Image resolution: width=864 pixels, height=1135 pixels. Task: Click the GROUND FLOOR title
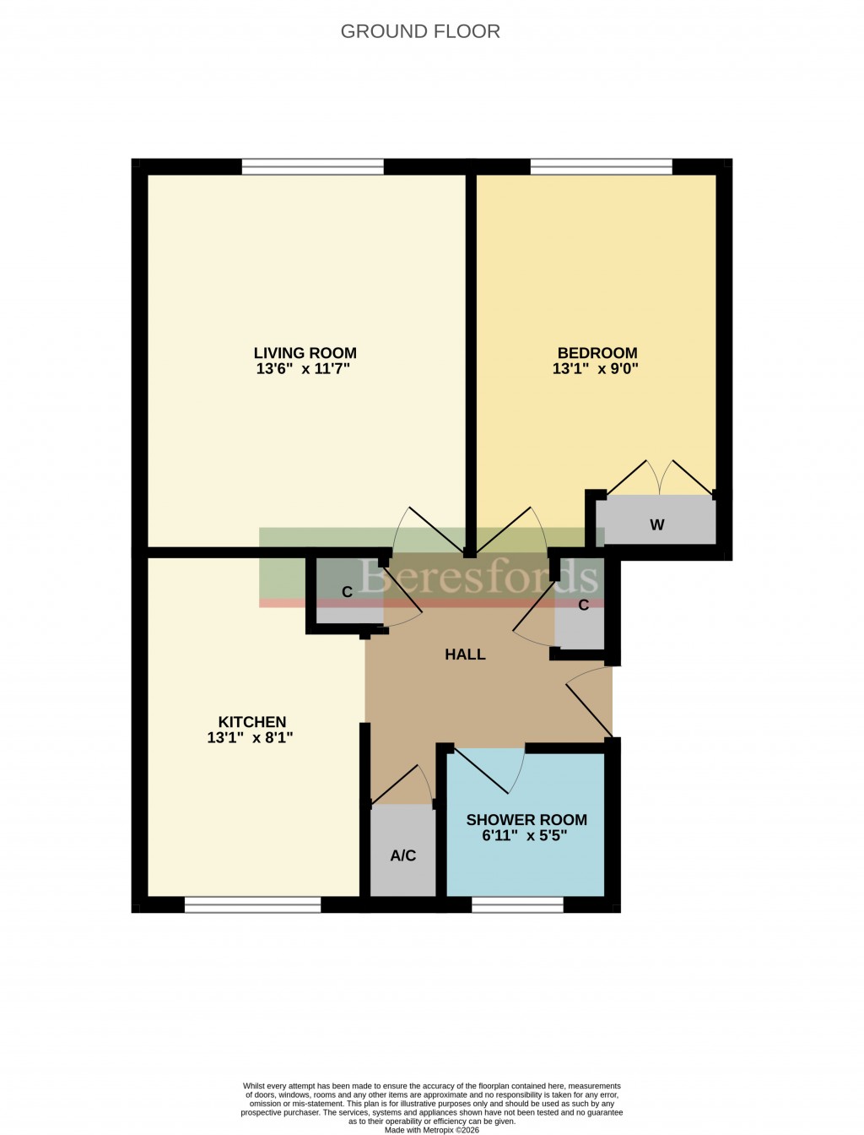(x=420, y=31)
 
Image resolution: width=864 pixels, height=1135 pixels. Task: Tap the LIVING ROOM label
(x=305, y=353)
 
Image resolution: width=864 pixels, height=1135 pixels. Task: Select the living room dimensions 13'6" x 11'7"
(x=303, y=369)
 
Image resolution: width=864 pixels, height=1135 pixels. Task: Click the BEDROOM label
(x=597, y=353)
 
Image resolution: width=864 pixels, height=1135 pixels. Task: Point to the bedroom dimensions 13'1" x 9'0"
(x=596, y=369)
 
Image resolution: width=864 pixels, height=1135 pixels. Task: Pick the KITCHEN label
(x=252, y=722)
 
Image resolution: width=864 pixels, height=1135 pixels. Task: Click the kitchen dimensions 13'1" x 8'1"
(x=250, y=738)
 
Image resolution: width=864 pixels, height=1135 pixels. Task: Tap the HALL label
(x=465, y=654)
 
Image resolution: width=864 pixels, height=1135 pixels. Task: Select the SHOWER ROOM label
(x=526, y=820)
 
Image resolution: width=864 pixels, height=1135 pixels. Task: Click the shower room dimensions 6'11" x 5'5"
(x=525, y=836)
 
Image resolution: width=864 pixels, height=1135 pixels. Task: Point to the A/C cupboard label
(x=403, y=855)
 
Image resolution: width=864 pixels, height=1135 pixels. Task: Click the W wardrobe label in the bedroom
(x=657, y=525)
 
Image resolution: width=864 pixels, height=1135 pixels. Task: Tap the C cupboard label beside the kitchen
(x=347, y=593)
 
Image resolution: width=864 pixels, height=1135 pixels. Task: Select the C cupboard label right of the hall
(x=583, y=606)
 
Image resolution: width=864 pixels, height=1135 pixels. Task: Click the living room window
(x=312, y=167)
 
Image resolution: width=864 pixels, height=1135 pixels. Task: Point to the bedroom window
(x=601, y=167)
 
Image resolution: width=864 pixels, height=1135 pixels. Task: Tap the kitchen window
(x=252, y=905)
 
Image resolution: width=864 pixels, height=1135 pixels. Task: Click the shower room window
(x=517, y=905)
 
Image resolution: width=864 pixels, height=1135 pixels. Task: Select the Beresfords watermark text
(x=478, y=577)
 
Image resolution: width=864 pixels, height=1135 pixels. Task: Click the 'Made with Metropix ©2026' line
(x=431, y=1130)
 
